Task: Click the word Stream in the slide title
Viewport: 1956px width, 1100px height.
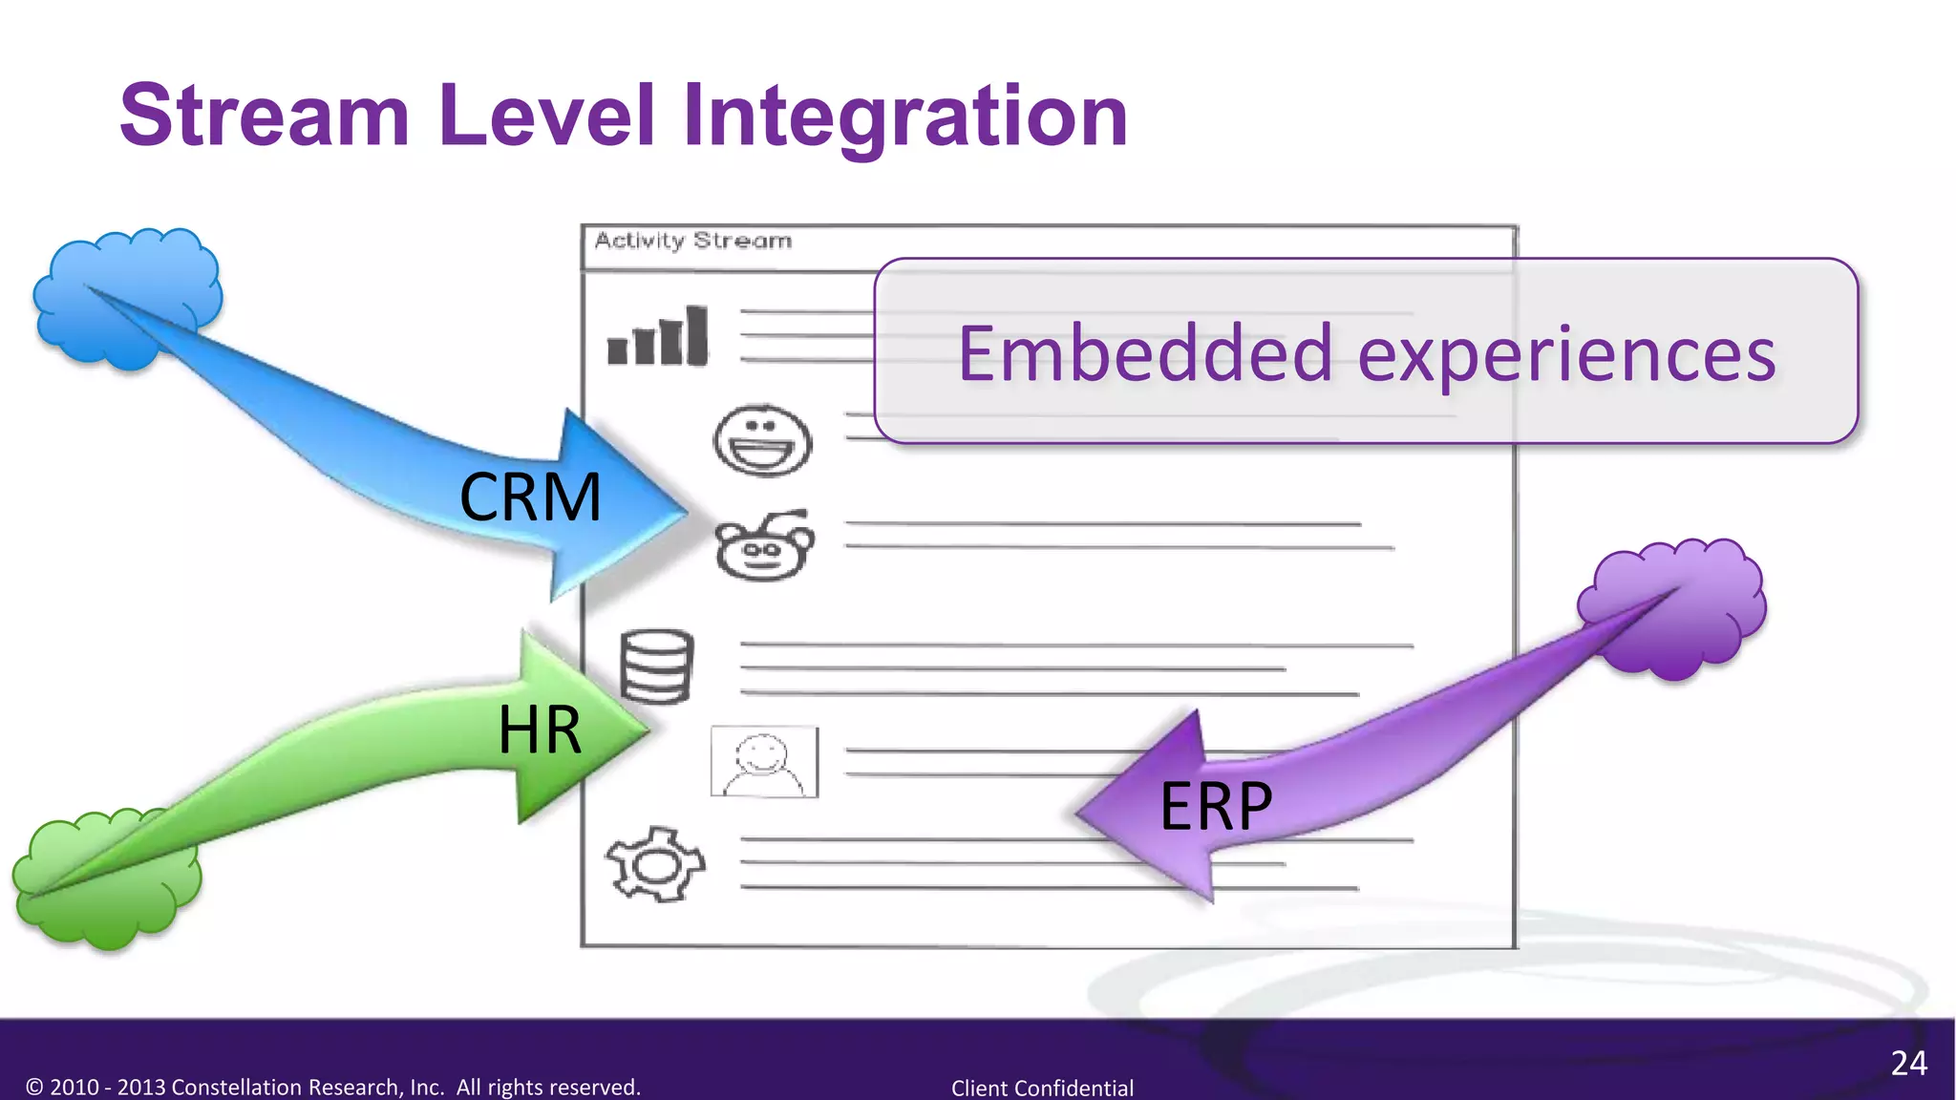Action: tap(265, 116)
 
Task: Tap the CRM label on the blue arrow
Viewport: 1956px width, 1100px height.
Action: tap(531, 497)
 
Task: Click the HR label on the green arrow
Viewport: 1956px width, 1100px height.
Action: tap(540, 730)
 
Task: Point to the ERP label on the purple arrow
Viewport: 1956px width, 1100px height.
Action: tap(1216, 807)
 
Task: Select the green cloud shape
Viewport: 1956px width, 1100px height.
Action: tap(105, 878)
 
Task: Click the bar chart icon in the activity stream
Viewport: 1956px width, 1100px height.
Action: tap(658, 337)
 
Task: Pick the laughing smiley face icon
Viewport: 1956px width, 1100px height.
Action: tap(762, 439)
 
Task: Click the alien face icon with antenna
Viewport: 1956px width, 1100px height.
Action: tap(763, 545)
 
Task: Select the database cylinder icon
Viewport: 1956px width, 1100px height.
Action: tap(656, 666)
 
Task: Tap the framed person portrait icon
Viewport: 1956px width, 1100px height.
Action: tap(764, 762)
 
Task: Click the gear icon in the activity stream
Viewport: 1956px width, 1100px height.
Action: tap(655, 864)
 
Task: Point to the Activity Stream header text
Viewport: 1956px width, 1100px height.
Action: tap(693, 241)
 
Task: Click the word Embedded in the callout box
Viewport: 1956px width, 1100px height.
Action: tap(1145, 354)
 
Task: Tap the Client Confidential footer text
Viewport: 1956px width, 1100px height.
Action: tap(1042, 1088)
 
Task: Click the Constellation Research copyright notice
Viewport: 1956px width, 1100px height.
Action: tap(333, 1087)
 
